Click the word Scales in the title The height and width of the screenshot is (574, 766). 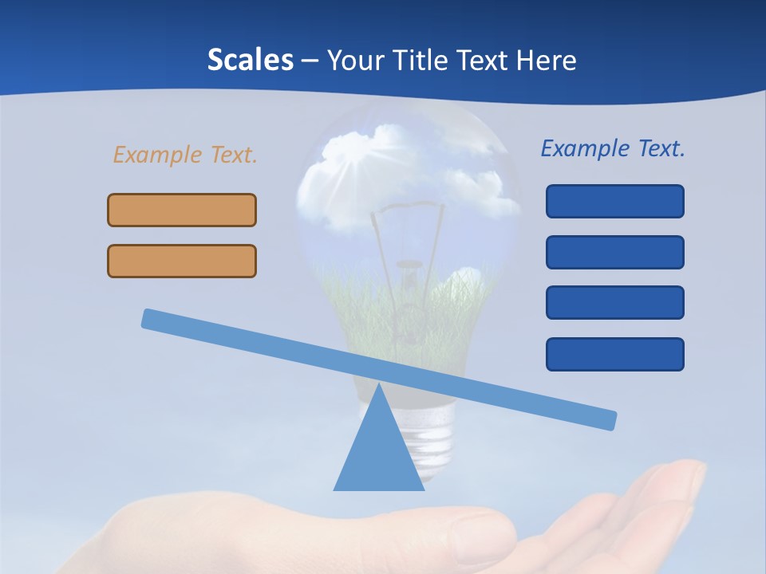[250, 61]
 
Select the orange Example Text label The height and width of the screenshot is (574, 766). [185, 155]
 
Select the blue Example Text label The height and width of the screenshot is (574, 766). [613, 148]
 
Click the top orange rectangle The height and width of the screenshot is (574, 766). [182, 210]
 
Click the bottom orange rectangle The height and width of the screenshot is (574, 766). [182, 261]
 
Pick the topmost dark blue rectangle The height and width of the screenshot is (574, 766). [614, 201]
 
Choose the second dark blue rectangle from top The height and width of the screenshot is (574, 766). [614, 252]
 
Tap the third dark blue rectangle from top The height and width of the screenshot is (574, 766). [614, 302]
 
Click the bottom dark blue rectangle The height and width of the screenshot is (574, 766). [614, 354]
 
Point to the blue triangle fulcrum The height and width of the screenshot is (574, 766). [379, 450]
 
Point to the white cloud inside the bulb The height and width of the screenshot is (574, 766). [351, 159]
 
